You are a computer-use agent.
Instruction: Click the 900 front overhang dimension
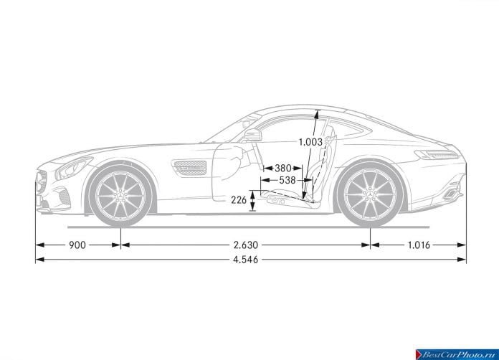[77, 245]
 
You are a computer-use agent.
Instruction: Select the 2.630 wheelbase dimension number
[246, 245]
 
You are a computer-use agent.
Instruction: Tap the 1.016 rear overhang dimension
[419, 245]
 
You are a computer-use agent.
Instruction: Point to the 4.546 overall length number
[246, 260]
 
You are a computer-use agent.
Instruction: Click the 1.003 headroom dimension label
[310, 142]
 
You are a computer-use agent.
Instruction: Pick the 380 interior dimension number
[283, 168]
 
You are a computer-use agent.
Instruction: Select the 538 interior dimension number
[287, 181]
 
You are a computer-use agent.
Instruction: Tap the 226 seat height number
[239, 200]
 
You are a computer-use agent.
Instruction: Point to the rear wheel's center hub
[371, 194]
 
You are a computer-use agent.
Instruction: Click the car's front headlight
[72, 168]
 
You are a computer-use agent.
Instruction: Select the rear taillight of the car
[437, 155]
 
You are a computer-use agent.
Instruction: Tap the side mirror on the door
[252, 136]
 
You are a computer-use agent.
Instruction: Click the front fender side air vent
[189, 168]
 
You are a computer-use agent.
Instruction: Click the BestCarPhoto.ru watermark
[457, 354]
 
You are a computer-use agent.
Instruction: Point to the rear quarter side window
[348, 127]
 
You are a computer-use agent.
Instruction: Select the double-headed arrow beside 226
[252, 201]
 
